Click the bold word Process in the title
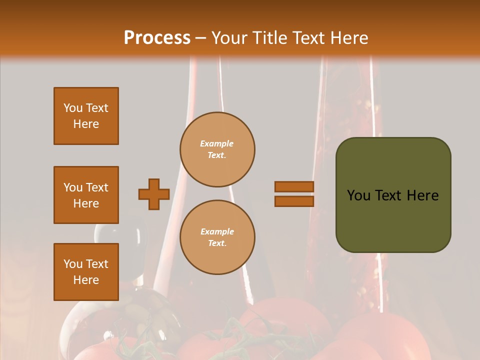point(157,38)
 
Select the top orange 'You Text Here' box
point(86,116)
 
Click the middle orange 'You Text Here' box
point(86,195)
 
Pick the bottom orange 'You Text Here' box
point(86,272)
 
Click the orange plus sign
point(154,194)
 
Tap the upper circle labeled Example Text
point(217,149)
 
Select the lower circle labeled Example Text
point(217,237)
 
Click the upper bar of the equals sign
point(294,187)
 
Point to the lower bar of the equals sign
point(294,201)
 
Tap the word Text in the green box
point(389,195)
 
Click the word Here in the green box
point(422,195)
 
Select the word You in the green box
point(358,195)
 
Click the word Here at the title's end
point(350,38)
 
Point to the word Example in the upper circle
point(217,143)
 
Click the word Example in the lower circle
point(217,231)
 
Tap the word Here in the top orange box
point(86,124)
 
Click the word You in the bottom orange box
point(73,264)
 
